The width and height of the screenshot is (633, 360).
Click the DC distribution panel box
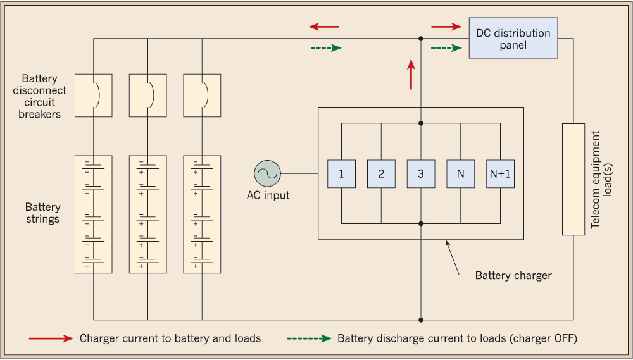[513, 39]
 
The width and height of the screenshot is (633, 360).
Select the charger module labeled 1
[341, 174]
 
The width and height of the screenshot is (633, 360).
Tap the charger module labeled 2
[381, 174]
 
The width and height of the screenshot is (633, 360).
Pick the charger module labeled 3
[421, 174]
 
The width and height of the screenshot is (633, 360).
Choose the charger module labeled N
[460, 174]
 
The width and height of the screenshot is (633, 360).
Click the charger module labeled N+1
[500, 174]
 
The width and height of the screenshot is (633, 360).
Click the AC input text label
[268, 196]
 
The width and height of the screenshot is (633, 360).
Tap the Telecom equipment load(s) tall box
[573, 180]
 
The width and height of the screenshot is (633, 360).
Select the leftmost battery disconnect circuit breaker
[94, 96]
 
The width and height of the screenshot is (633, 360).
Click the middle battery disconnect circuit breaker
[147, 96]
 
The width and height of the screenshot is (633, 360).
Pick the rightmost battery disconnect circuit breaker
[202, 96]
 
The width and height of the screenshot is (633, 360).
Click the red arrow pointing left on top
[324, 27]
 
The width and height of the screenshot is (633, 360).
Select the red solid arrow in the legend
[51, 338]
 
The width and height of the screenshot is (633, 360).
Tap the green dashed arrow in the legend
[309, 338]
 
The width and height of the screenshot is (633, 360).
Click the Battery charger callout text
[514, 275]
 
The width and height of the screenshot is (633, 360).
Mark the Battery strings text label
[43, 213]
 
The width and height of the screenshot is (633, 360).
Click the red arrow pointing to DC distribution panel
[446, 27]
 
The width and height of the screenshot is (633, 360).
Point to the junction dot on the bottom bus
[421, 320]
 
